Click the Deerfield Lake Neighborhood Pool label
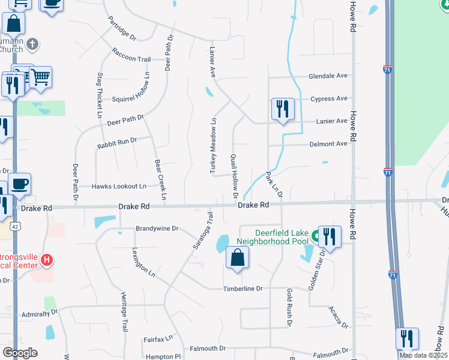click(276, 237)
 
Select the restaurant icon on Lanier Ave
click(283, 109)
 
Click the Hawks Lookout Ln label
click(119, 187)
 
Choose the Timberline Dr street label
click(243, 289)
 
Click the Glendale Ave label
click(328, 76)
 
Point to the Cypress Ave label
click(329, 98)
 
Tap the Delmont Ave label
click(328, 144)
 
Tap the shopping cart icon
click(40, 77)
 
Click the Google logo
click(20, 352)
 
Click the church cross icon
click(33, 44)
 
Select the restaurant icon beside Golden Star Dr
click(330, 236)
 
